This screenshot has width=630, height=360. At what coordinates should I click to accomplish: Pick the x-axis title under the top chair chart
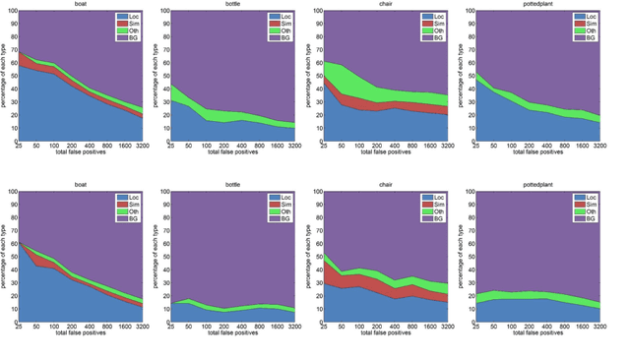(x=386, y=152)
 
